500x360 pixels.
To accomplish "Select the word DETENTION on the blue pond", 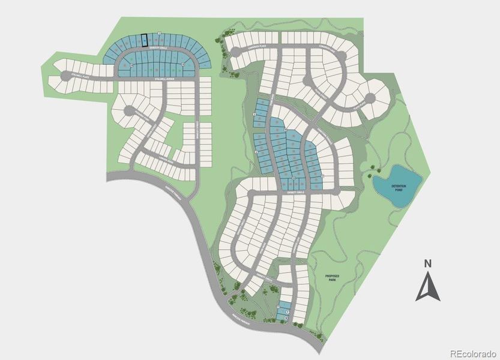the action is [400, 187].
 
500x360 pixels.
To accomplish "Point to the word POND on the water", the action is [400, 191].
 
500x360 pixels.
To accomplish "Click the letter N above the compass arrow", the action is [427, 263].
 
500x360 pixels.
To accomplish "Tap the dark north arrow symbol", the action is [427, 287].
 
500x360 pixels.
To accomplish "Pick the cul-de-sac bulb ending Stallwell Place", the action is [64, 75].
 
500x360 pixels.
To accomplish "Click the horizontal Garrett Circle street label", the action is [295, 192].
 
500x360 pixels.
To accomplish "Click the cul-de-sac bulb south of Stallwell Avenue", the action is [128, 110].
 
